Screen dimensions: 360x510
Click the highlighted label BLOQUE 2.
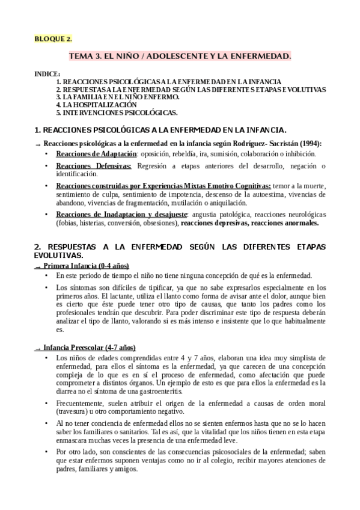pos(53,39)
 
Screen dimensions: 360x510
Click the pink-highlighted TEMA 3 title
pos(180,56)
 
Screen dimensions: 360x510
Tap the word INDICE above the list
pos(47,74)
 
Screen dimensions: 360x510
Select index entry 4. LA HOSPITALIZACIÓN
pos(92,104)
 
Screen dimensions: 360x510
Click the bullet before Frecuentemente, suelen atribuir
pos(47,403)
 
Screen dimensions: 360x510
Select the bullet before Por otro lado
pos(47,450)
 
